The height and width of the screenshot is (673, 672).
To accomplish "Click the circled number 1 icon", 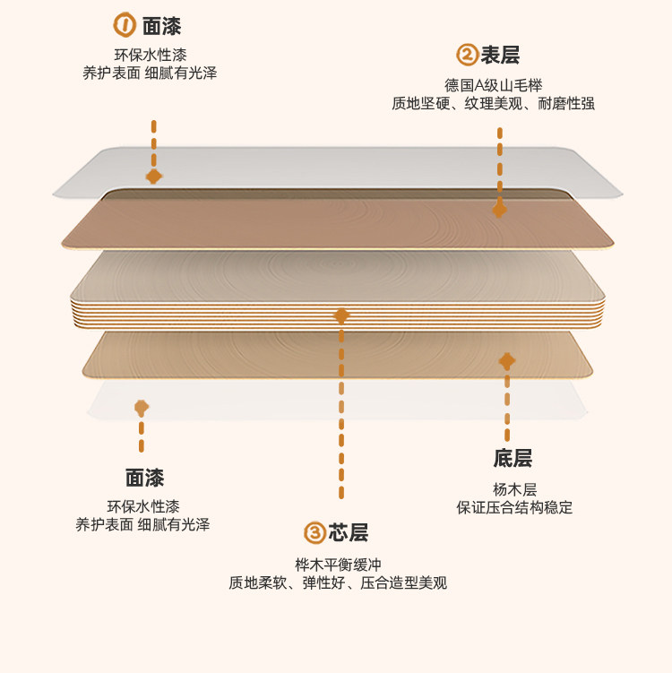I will point(125,24).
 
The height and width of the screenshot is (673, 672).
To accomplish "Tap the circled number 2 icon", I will point(467,56).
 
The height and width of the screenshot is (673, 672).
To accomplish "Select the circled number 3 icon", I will point(314,533).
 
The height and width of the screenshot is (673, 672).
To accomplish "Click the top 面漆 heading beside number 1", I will point(161,25).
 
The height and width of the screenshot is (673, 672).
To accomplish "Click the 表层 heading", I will point(500,56).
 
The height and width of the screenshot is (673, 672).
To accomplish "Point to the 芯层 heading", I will point(348,533).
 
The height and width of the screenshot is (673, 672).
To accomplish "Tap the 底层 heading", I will point(513,459).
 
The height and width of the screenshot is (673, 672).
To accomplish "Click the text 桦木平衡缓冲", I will point(338,565).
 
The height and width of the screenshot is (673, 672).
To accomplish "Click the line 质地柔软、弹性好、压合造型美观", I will point(338,583).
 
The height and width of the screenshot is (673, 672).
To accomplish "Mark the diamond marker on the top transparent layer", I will point(154,177).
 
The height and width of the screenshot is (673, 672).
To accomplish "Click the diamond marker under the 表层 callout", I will point(499,210).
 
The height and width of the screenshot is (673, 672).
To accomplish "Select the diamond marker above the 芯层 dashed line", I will point(341,315).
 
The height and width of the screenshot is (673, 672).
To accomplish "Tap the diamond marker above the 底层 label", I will point(507,361).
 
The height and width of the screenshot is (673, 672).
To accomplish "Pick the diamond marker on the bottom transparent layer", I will point(142,408).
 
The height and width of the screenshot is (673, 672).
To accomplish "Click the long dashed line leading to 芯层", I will point(341,412).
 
